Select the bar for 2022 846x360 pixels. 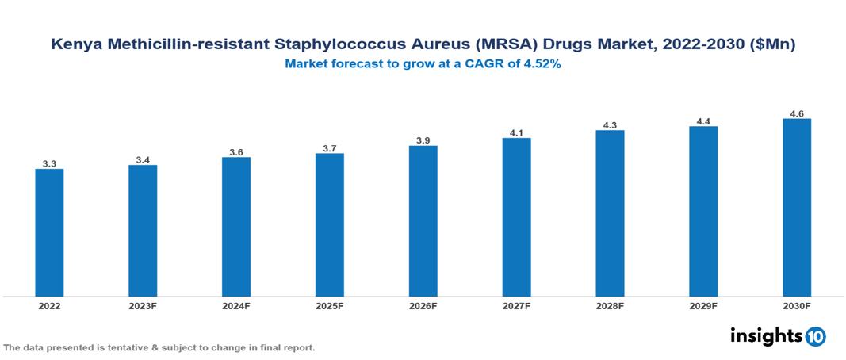point(49,232)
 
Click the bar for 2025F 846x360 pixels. point(329,224)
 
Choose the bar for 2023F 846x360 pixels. point(143,231)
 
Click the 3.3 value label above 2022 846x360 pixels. point(49,164)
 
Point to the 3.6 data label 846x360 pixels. point(236,152)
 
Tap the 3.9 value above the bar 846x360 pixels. point(423,140)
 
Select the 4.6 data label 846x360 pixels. point(796,114)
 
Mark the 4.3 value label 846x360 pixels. point(610,125)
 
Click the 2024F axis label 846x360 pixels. point(236,306)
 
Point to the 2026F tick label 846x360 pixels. point(423,306)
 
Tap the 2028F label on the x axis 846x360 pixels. point(610,306)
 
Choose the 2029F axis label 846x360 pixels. point(703,306)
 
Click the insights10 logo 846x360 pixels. point(778,336)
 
